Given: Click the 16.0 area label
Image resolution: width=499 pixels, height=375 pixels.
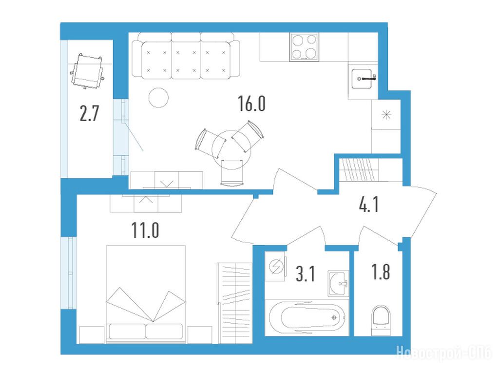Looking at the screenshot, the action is [x=251, y=104].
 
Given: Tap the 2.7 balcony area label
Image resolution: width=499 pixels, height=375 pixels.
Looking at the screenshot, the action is [x=90, y=113].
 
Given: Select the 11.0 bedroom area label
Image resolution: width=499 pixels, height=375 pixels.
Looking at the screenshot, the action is [x=145, y=230].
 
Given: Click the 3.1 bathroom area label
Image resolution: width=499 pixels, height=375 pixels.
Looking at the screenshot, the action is [x=305, y=274].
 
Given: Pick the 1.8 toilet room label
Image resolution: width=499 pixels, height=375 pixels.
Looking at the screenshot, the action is [x=381, y=272].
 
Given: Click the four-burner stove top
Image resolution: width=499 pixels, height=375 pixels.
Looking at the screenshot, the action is [x=304, y=47].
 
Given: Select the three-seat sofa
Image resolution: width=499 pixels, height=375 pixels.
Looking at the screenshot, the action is [x=186, y=56].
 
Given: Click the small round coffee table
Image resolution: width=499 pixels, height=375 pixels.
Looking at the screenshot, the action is [x=158, y=98].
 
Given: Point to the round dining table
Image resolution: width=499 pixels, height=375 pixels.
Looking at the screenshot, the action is [x=231, y=149].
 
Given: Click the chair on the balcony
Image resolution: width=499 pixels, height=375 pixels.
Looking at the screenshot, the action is [x=87, y=71].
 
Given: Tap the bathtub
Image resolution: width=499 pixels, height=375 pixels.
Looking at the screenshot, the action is [x=307, y=317].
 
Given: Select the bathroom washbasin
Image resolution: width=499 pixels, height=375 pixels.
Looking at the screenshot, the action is [x=339, y=283].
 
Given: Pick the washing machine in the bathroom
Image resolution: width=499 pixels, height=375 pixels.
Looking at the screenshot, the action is [x=275, y=266].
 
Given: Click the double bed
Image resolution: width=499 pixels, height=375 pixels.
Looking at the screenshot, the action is [x=146, y=294].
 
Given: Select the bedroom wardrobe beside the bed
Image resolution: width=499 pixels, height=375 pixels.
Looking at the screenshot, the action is [x=234, y=303].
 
